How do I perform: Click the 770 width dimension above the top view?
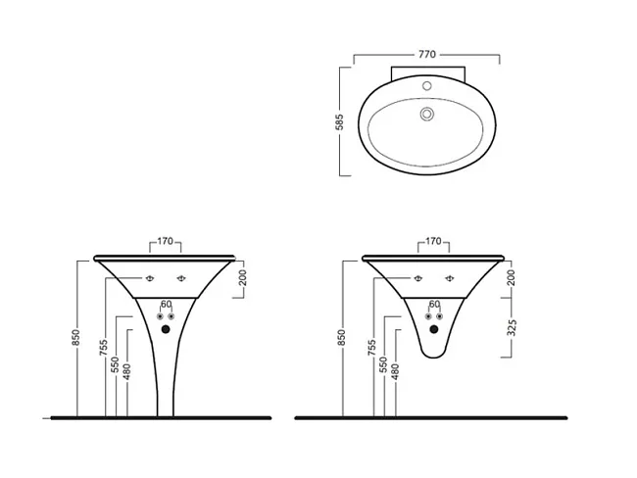(427, 54)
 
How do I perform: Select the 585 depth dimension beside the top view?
(340, 121)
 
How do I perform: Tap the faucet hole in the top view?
(426, 85)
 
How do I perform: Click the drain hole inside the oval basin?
(426, 114)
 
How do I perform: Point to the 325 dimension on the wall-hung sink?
(512, 327)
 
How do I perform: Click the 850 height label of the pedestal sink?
(75, 338)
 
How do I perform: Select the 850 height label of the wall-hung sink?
(342, 338)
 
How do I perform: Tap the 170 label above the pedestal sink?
(165, 241)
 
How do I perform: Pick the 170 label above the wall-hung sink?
(433, 241)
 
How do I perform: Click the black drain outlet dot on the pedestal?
(166, 329)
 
